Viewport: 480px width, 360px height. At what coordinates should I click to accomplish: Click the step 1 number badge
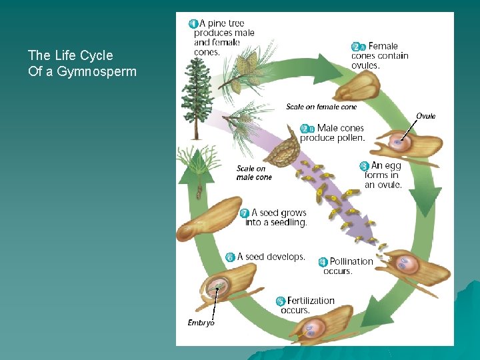pyautogui.click(x=193, y=23)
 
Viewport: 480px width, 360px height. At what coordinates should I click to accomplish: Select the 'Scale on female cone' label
pyautogui.click(x=321, y=107)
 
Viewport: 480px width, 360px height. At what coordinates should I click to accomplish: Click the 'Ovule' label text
pyautogui.click(x=425, y=116)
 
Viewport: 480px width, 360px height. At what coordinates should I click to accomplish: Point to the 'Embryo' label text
pyautogui.click(x=201, y=323)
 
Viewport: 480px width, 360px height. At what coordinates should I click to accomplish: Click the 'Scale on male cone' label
pyautogui.click(x=254, y=173)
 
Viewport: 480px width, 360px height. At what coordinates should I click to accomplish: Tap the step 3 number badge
pyautogui.click(x=364, y=165)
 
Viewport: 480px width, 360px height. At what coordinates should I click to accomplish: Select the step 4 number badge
pyautogui.click(x=323, y=262)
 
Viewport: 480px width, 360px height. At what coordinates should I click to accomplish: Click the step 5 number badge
pyautogui.click(x=281, y=301)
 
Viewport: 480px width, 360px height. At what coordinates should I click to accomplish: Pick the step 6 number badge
pyautogui.click(x=230, y=257)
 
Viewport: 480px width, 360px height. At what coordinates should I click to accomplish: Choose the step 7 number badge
pyautogui.click(x=245, y=213)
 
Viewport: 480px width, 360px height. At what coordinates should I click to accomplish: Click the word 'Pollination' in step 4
pyautogui.click(x=351, y=262)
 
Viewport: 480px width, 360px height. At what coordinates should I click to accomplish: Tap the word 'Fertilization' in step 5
pyautogui.click(x=311, y=301)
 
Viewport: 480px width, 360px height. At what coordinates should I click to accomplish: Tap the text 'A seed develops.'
pyautogui.click(x=271, y=257)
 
